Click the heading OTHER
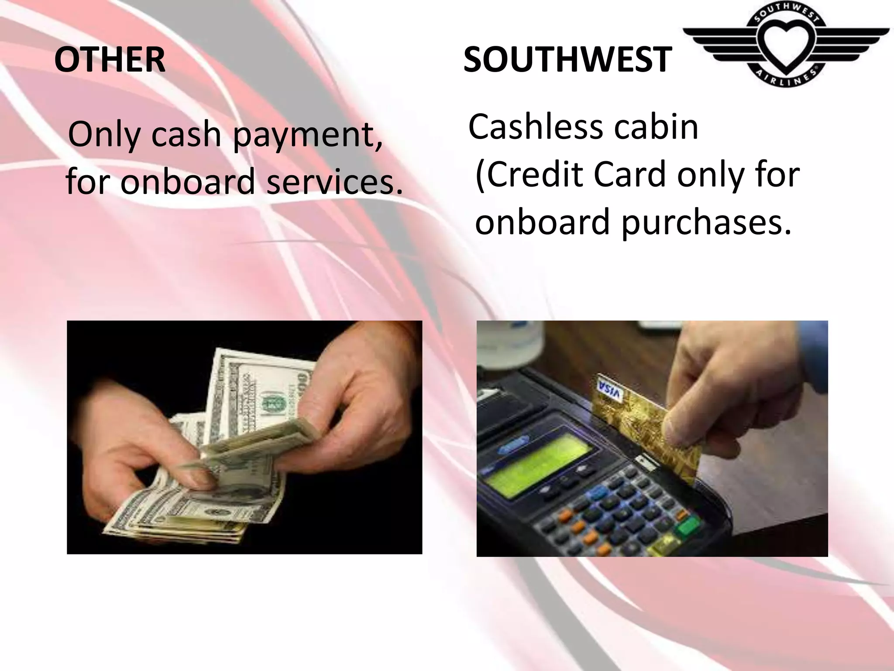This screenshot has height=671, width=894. (x=110, y=60)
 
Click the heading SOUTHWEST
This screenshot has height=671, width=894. (x=567, y=60)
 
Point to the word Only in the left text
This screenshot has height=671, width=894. (x=102, y=135)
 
